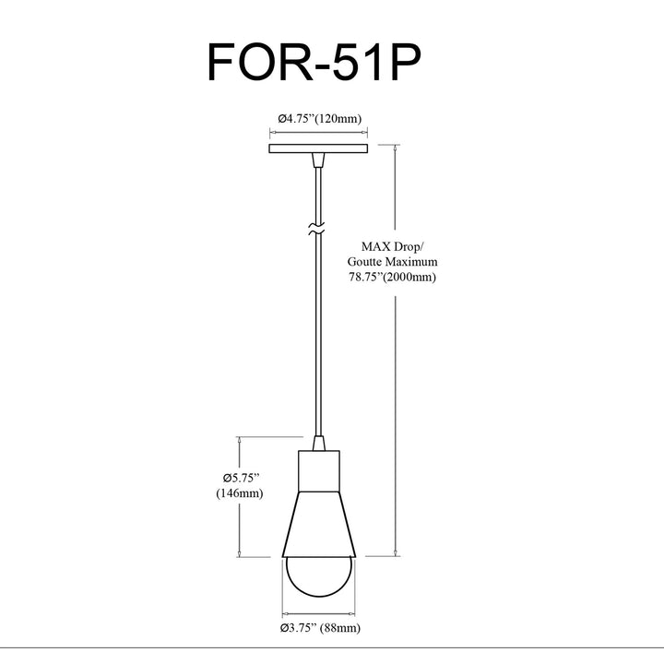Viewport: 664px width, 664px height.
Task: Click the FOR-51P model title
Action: (314, 62)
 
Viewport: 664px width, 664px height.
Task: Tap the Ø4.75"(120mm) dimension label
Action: (320, 119)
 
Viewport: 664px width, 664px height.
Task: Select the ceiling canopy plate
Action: (318, 148)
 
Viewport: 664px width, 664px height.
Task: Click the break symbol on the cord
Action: (316, 229)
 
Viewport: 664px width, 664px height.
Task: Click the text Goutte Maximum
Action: (392, 262)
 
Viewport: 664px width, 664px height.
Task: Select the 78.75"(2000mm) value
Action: (392, 278)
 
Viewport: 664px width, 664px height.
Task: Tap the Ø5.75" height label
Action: (241, 478)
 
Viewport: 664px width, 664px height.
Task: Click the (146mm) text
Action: (240, 493)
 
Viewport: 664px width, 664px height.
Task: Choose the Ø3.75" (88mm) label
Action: (320, 628)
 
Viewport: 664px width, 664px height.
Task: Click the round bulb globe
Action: (319, 576)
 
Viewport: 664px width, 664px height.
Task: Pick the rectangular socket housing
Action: (319, 471)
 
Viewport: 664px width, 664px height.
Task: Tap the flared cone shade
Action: (319, 524)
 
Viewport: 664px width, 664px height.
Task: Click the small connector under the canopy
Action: (318, 160)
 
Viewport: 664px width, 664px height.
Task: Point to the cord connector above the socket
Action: (319, 443)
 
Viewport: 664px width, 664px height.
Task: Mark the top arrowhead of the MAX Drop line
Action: (396, 148)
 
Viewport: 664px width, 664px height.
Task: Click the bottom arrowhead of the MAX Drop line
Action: (396, 552)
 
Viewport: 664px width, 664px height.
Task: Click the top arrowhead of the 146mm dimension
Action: (239, 441)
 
